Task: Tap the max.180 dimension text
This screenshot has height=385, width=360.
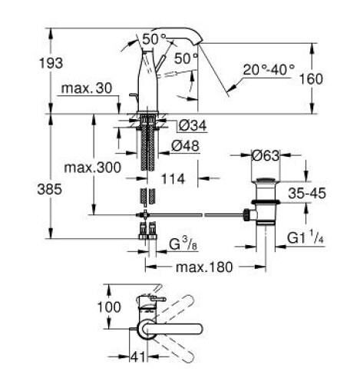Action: [206, 267]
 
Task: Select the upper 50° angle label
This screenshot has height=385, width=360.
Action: [154, 38]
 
